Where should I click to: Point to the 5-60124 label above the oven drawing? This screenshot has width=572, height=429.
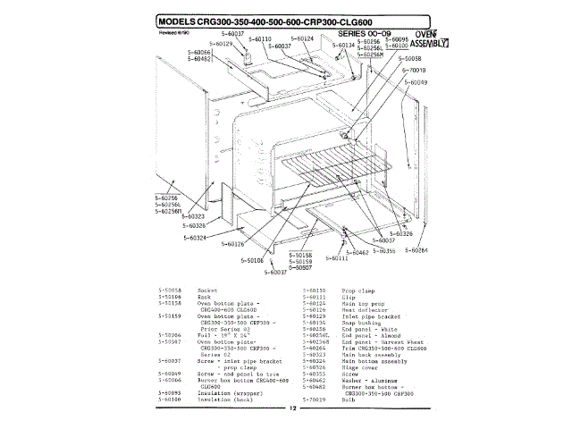click(x=304, y=39)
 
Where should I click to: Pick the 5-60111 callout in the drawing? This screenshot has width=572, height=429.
click(x=333, y=258)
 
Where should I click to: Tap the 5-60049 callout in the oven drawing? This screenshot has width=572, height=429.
click(x=416, y=82)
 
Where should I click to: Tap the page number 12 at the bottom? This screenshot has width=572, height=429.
click(x=291, y=408)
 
